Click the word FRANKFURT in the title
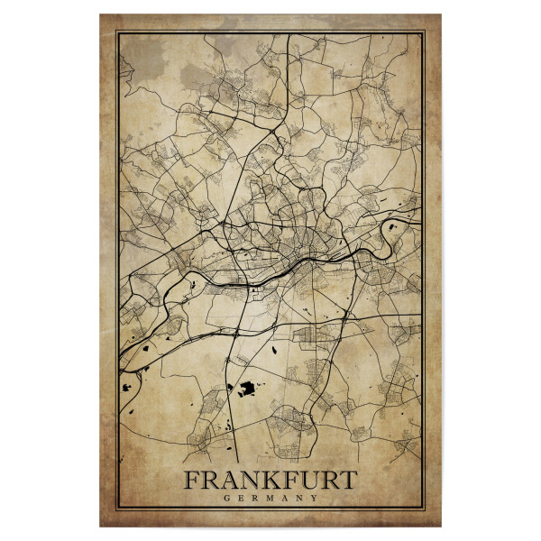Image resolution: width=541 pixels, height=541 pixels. [x=270, y=479]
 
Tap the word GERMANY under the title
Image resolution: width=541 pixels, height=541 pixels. [x=270, y=497]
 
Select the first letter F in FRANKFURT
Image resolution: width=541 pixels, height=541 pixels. [x=192, y=479]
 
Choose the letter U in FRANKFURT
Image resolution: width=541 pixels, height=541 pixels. [x=312, y=479]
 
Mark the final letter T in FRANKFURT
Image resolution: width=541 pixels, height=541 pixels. [x=350, y=479]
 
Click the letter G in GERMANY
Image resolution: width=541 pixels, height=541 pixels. [x=226, y=497]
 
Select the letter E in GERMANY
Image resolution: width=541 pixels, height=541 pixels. [x=241, y=497]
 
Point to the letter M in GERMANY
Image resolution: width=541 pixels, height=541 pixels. [x=270, y=497]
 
